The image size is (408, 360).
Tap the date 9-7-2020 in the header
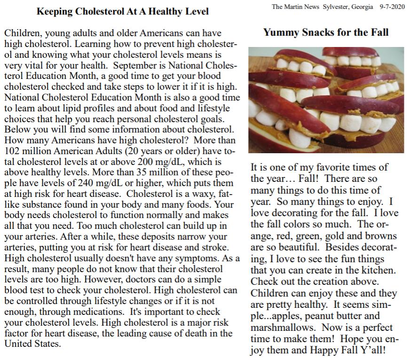(391, 7)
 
